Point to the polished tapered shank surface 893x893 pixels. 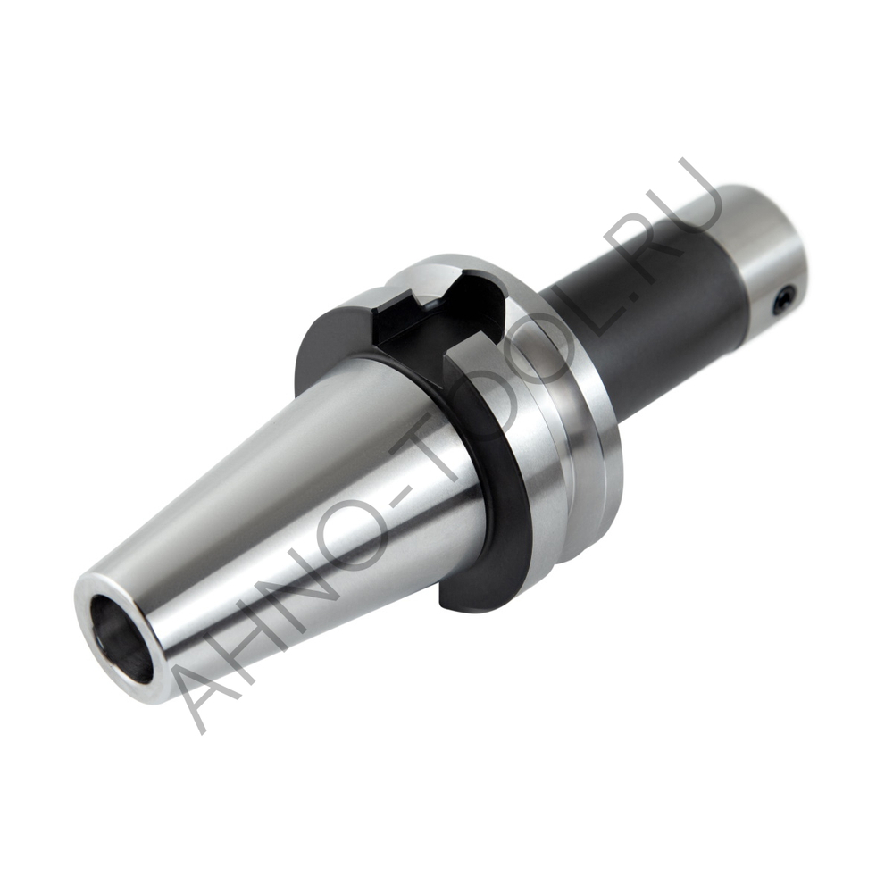coord(295,500)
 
